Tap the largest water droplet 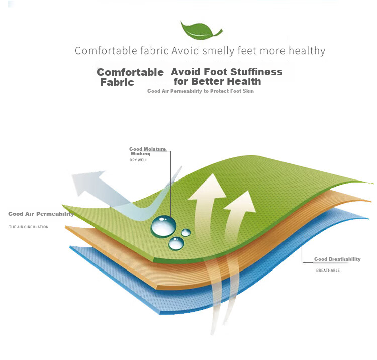pos(163,226)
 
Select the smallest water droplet pos(185,233)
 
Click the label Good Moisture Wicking pos(147,151)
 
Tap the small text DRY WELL pos(138,160)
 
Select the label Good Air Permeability pos(41,214)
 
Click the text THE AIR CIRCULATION pos(29,227)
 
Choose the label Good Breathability pos(337,259)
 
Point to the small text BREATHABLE pos(328,271)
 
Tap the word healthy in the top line pos(307,51)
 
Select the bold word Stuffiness pos(256,72)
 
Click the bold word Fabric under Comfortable pos(117,82)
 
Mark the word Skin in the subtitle pos(248,91)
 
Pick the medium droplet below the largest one pos(176,244)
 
